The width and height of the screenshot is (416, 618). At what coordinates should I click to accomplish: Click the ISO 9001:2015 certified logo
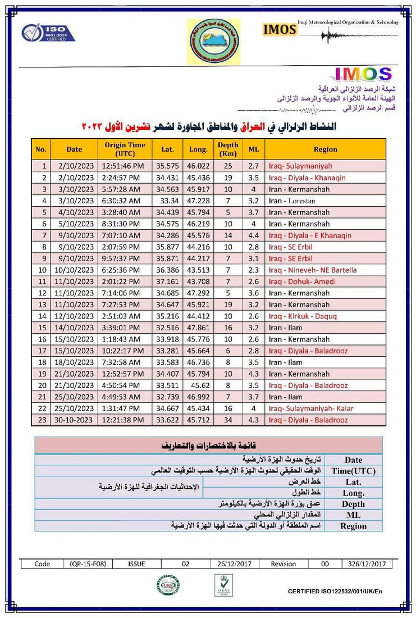click(x=48, y=32)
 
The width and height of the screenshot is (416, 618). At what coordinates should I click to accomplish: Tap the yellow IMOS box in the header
click(x=280, y=29)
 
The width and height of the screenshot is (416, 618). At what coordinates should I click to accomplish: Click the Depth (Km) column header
click(x=228, y=149)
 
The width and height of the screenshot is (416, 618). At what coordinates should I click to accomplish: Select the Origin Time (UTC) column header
click(x=125, y=149)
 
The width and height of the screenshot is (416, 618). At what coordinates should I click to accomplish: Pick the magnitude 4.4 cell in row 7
click(x=254, y=235)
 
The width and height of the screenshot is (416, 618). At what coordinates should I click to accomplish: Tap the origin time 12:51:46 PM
click(x=124, y=166)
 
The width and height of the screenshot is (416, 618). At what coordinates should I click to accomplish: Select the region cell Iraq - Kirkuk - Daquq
click(x=303, y=316)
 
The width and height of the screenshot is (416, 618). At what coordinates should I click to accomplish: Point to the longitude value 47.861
click(x=198, y=328)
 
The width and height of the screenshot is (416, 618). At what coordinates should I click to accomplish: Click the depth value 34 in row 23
click(x=228, y=420)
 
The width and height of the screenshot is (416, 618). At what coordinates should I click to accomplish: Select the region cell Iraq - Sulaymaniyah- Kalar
click(x=311, y=408)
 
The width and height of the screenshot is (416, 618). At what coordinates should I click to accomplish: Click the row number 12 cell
click(x=42, y=293)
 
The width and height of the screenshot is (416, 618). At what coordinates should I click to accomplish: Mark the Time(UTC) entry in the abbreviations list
click(x=353, y=471)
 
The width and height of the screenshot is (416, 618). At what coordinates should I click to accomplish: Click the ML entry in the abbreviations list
click(x=353, y=515)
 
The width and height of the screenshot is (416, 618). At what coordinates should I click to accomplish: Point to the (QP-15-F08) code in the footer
click(x=88, y=564)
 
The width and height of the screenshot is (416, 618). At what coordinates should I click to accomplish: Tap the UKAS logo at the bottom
click(x=223, y=585)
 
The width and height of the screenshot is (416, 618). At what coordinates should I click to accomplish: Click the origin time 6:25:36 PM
click(x=124, y=270)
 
